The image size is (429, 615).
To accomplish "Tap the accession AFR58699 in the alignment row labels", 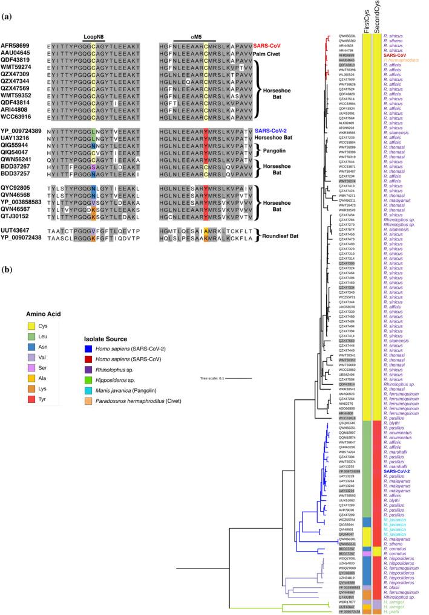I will pyautogui.click(x=16, y=45).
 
